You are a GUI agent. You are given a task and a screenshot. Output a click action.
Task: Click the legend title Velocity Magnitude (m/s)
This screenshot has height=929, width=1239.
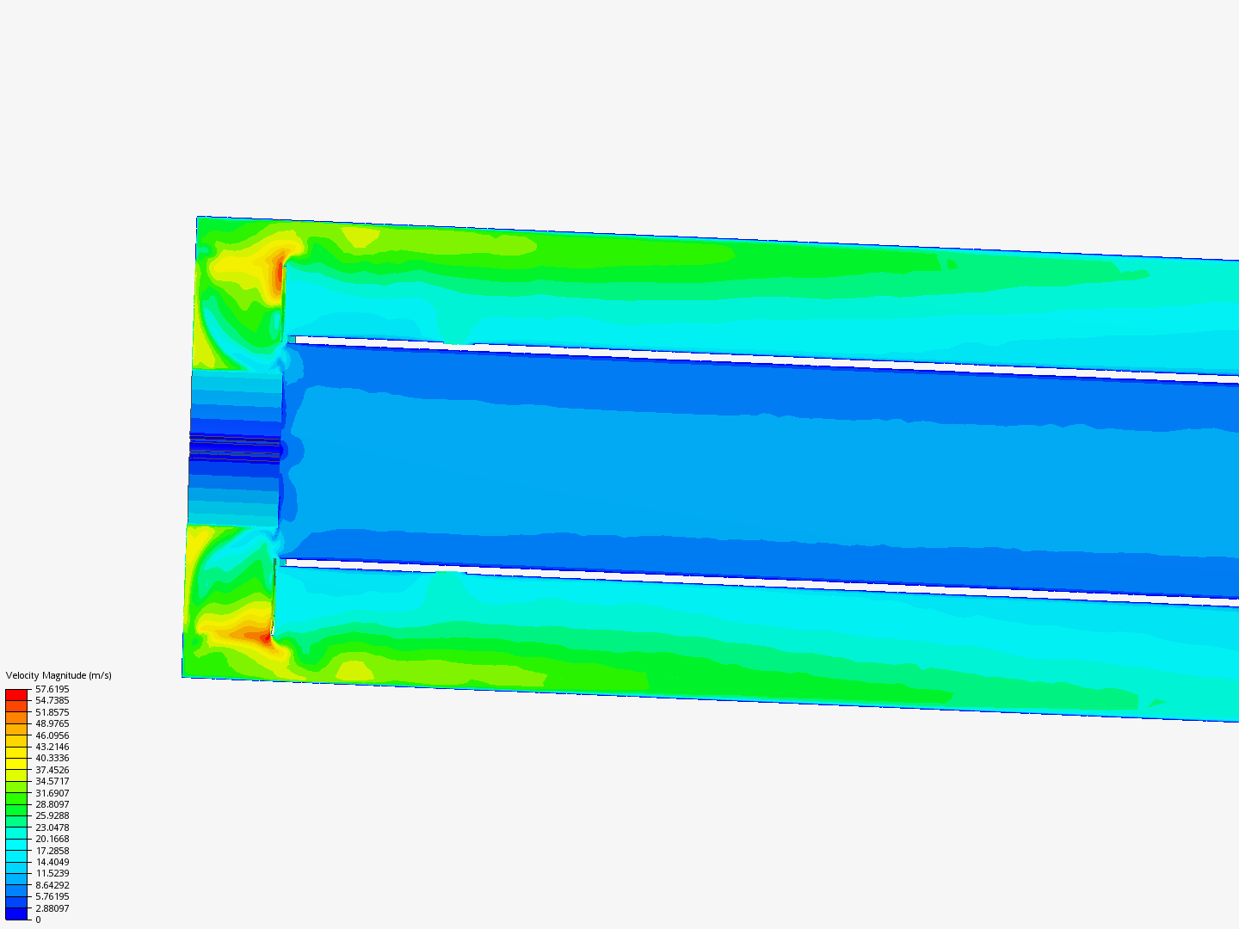coord(59,675)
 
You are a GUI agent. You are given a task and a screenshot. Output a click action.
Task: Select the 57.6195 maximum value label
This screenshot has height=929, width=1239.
coord(52,689)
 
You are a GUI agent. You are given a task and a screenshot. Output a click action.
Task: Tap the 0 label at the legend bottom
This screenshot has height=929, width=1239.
coord(38,920)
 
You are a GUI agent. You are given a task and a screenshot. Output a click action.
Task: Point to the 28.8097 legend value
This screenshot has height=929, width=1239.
coord(52,804)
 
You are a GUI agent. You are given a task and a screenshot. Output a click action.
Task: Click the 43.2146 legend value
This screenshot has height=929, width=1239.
coord(52,747)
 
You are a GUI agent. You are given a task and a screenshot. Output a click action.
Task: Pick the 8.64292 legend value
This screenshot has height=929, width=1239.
coord(52,885)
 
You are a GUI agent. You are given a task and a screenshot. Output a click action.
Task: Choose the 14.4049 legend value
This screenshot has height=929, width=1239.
coord(52,862)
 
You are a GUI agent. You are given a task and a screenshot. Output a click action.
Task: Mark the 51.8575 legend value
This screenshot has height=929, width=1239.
coord(52,712)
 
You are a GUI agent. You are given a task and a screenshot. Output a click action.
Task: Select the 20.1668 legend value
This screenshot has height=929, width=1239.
coord(52,839)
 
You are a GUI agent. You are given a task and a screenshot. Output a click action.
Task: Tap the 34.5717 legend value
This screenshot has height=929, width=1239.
coord(52,781)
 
